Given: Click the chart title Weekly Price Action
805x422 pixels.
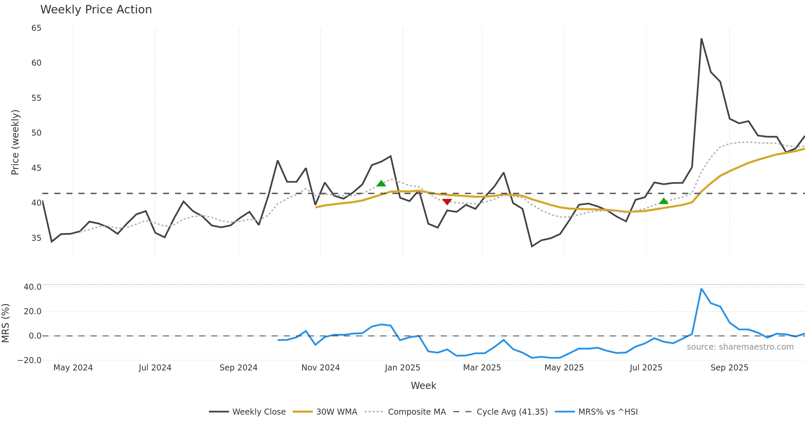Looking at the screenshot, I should (x=96, y=10).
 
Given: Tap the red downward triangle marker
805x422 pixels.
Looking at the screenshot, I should (x=447, y=202).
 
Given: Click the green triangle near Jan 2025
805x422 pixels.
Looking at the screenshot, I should (x=381, y=183).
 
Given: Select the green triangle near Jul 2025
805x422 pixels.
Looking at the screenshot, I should (x=663, y=201).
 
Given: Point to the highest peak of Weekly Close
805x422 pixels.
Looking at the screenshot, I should (x=701, y=39).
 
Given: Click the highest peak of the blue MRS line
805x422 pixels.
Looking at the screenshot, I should (x=701, y=289).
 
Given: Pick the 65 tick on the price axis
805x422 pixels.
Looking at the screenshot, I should (x=36, y=28).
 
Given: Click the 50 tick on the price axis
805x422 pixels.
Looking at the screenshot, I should (x=36, y=133).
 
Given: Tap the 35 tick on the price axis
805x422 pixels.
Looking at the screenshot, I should (x=36, y=238).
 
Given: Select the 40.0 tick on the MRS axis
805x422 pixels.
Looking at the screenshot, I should (x=32, y=287).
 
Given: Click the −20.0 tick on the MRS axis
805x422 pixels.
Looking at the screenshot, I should (x=30, y=360).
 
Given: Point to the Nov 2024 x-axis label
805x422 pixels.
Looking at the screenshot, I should (x=320, y=368).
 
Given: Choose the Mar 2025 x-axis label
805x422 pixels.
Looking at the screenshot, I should (x=482, y=368).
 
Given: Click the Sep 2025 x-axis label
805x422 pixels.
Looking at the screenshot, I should (x=729, y=368).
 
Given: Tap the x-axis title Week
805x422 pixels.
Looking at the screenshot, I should (x=423, y=385).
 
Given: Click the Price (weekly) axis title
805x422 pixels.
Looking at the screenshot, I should (x=15, y=142).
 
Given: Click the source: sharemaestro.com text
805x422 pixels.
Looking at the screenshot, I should (x=740, y=347).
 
